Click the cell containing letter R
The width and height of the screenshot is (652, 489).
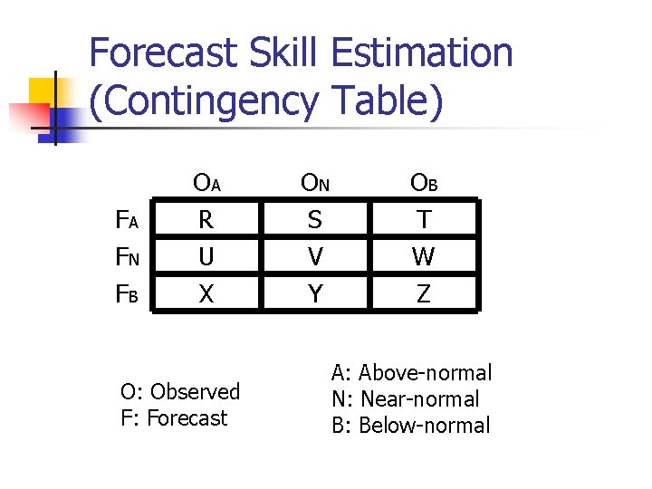[x=206, y=220]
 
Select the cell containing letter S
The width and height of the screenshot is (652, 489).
[x=315, y=220]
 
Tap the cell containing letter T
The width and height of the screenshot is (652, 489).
[x=423, y=220]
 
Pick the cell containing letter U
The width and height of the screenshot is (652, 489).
[x=206, y=257]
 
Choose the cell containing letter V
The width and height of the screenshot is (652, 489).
[x=315, y=257]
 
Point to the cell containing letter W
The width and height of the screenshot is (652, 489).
[x=423, y=257]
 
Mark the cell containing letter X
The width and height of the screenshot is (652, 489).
[x=206, y=293]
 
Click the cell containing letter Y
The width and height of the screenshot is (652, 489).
[x=315, y=293]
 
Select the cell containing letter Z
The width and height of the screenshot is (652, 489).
[x=423, y=293]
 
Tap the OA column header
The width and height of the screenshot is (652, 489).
[x=206, y=183]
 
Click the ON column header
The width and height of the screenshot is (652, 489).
[x=315, y=183]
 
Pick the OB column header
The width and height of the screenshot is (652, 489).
[x=424, y=183]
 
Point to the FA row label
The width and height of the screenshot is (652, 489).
[x=127, y=220]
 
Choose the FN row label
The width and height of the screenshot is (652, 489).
[x=127, y=257]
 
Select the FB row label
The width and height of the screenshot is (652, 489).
[x=127, y=294]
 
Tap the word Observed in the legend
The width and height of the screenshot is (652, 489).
[x=196, y=392]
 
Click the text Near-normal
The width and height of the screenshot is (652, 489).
[x=420, y=399]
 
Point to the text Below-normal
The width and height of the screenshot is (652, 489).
[x=425, y=426]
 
